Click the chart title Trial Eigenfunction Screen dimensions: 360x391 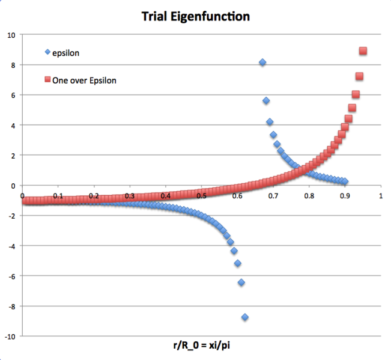(x=195, y=16)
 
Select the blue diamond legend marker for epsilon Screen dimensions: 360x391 (x=48, y=52)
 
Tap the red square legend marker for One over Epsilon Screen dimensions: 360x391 (x=48, y=79)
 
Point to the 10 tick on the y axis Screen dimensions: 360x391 (x=11, y=35)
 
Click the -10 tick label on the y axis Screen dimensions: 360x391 (x=10, y=336)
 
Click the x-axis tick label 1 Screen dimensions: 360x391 (x=380, y=195)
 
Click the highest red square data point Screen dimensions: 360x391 (x=363, y=51)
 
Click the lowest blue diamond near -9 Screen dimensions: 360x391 (x=245, y=317)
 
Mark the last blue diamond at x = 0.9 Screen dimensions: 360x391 (x=345, y=182)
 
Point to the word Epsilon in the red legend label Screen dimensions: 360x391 (x=101, y=80)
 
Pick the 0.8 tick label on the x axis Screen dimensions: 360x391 (x=309, y=195)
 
